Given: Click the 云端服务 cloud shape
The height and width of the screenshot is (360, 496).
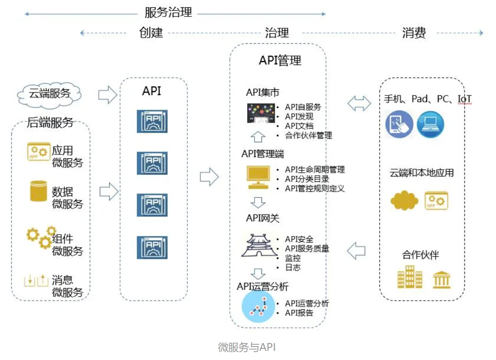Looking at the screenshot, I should click(49, 93).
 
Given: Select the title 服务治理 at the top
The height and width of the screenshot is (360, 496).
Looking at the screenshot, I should click(168, 13).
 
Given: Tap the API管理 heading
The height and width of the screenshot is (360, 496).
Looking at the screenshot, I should click(280, 60).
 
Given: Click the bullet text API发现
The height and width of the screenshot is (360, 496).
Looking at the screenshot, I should click(299, 116).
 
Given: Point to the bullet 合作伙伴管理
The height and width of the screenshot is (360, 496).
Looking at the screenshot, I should click(308, 135).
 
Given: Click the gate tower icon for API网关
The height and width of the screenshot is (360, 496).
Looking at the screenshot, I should click(259, 245).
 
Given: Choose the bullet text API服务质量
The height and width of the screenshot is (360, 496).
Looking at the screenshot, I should click(307, 249).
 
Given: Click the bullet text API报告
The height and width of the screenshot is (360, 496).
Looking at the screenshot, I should click(299, 313).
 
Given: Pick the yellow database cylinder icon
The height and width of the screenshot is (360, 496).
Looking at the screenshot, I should click(38, 191).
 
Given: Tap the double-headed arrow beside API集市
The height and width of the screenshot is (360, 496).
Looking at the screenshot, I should click(359, 103).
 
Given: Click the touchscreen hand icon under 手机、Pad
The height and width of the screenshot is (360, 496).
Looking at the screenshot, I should click(399, 124).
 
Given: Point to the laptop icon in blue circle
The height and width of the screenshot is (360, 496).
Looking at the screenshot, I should click(430, 124).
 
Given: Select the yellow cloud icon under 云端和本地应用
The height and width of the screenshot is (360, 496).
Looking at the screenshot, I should click(404, 200).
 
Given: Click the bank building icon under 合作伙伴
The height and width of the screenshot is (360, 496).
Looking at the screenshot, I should click(441, 279).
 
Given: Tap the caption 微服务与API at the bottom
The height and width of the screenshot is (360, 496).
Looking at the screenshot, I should click(247, 347).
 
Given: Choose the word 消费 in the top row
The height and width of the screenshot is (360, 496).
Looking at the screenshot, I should click(414, 33).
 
